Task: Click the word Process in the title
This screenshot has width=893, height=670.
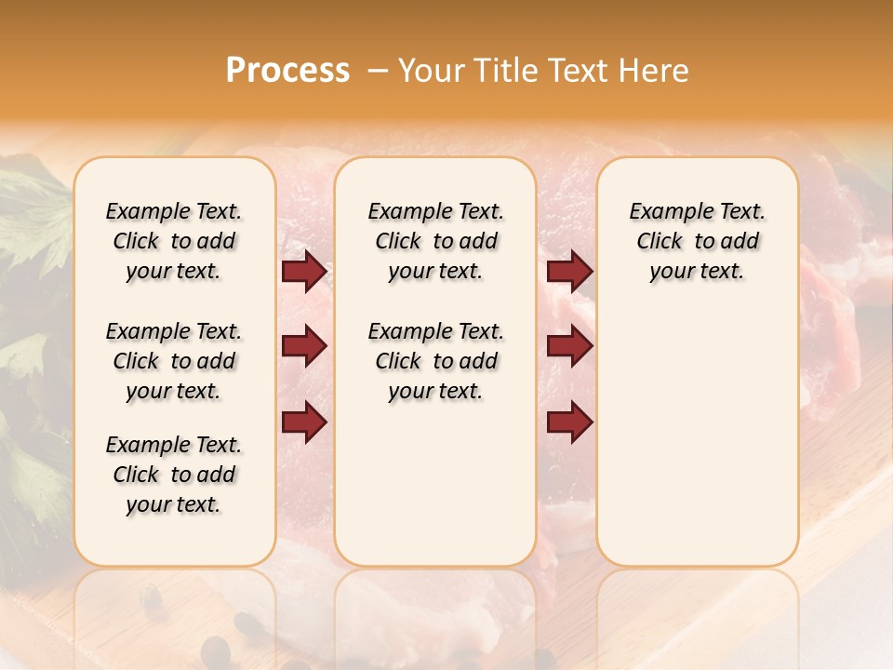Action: (x=287, y=71)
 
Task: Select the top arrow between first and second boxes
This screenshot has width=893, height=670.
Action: (x=304, y=272)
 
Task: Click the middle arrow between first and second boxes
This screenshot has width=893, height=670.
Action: (x=304, y=347)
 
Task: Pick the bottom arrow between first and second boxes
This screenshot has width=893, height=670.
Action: (x=304, y=422)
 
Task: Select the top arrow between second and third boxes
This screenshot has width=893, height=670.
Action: (x=569, y=272)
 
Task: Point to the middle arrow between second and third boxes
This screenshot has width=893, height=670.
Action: (x=569, y=347)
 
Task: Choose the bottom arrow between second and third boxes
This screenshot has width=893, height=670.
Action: (x=569, y=422)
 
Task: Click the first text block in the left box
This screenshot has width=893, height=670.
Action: (x=174, y=241)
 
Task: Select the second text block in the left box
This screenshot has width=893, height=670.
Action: (x=174, y=361)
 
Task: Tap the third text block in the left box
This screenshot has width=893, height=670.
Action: (x=174, y=475)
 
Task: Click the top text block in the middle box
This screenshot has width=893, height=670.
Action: (x=435, y=241)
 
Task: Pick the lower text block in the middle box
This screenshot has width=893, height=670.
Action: (x=435, y=361)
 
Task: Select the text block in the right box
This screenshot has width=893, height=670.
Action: (x=697, y=241)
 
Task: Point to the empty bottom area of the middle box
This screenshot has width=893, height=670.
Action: (x=435, y=484)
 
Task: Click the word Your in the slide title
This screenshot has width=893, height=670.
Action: (x=428, y=71)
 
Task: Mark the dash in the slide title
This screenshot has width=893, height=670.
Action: (x=378, y=71)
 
